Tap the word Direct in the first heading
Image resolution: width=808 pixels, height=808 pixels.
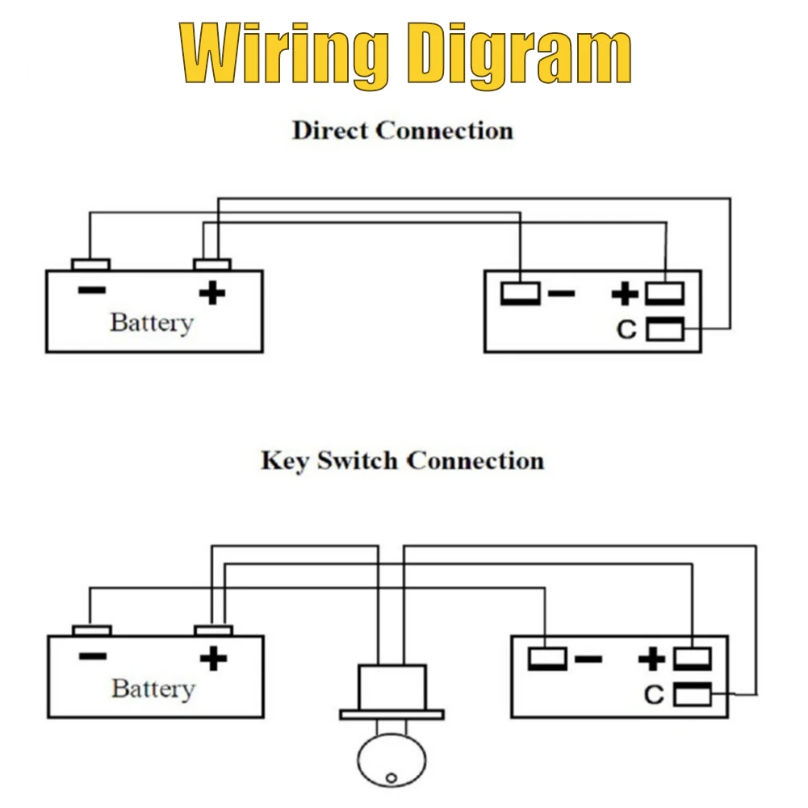330,131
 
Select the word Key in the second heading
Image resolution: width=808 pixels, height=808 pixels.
285,461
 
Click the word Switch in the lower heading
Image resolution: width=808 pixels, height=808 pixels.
357,460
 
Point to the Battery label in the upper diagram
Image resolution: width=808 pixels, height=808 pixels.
152,324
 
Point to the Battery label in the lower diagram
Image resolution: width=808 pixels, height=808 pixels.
153,689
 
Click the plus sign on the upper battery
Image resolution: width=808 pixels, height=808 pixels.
212,293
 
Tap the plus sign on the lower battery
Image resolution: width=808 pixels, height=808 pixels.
213,658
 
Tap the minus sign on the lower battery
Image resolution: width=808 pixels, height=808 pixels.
94,656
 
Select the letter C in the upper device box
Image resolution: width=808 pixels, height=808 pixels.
626,330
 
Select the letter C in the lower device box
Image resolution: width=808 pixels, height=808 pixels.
654,695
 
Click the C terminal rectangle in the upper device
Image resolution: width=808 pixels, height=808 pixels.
665,329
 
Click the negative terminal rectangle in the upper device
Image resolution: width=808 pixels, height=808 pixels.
521,294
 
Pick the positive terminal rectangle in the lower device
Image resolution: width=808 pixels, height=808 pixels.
693,659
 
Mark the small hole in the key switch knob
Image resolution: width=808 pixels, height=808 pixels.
391,777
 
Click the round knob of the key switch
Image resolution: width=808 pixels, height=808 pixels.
391,760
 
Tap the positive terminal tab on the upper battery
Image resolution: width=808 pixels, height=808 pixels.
212,265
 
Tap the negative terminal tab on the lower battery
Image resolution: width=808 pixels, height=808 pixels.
92,630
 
